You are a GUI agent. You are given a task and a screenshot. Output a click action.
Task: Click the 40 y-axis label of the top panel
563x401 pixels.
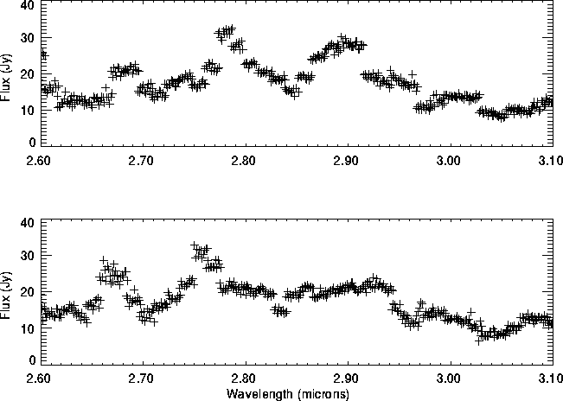[x=28, y=5]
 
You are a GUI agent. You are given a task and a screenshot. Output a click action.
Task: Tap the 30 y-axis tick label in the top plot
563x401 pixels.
[x=28, y=39]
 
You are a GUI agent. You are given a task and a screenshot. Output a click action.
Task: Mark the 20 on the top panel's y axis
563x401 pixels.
[x=28, y=73]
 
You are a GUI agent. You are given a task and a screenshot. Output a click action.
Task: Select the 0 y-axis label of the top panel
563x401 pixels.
[x=31, y=142]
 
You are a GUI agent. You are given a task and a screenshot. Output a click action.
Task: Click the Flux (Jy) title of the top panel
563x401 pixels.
[x=8, y=73]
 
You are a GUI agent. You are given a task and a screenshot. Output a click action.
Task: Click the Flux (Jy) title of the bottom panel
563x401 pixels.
[x=8, y=291]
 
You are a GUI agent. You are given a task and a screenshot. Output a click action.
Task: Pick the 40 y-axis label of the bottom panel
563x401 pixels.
[x=28, y=223]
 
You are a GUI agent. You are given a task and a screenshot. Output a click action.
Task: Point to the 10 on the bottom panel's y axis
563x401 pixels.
[x=28, y=327]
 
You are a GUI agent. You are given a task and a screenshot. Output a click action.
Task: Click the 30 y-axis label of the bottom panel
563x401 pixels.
[x=28, y=258]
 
